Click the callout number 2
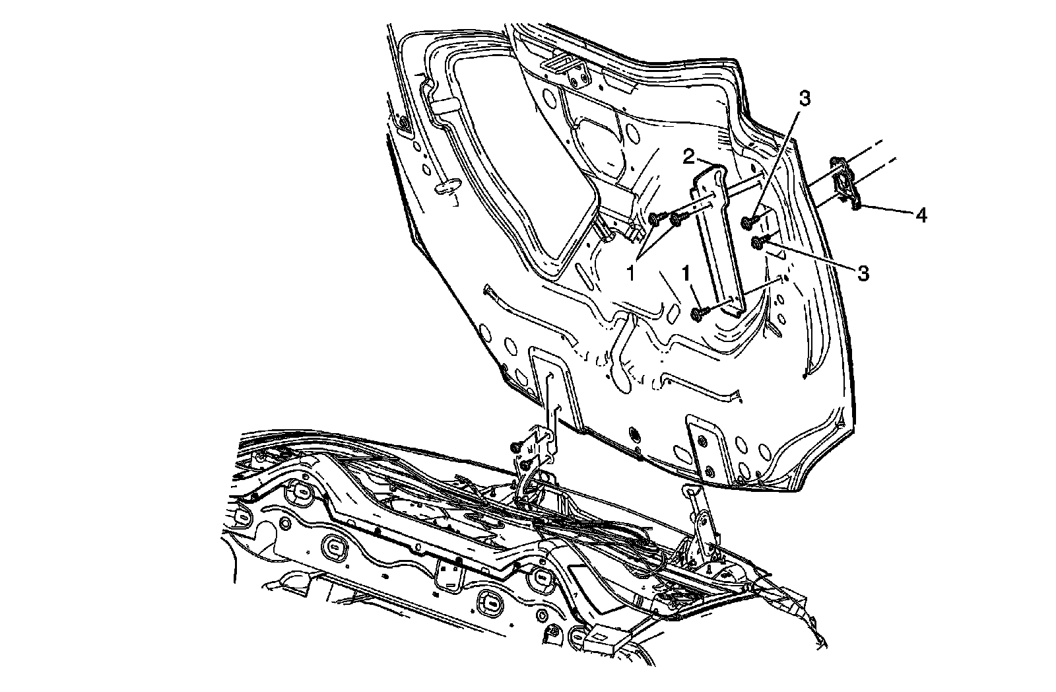[x=687, y=156]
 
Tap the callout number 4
[x=920, y=215]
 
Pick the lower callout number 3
[x=861, y=272]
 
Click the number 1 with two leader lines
[x=632, y=272]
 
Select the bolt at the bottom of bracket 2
[x=698, y=314]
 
